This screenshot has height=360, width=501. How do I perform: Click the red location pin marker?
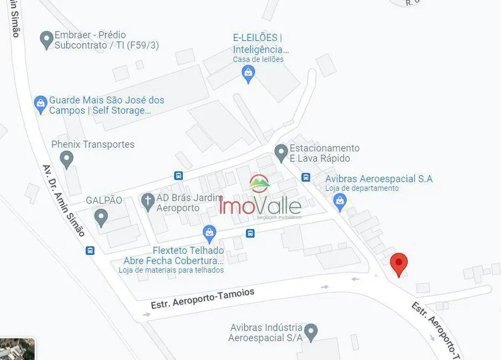point(398,263)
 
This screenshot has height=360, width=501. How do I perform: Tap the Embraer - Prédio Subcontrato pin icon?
point(47,39)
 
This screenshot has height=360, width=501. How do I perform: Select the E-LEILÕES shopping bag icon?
point(249,73)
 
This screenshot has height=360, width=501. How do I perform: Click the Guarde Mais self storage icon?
point(40,104)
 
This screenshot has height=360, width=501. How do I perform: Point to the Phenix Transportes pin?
point(67,160)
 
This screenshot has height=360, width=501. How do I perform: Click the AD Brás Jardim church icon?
point(147,201)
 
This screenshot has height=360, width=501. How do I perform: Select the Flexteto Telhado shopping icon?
point(209,233)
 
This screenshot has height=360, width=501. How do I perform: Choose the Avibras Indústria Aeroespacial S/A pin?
point(311,332)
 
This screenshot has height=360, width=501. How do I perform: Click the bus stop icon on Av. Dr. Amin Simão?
point(90,250)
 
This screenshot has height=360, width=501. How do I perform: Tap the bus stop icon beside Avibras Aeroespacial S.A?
point(305,177)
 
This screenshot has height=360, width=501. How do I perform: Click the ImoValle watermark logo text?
point(260,205)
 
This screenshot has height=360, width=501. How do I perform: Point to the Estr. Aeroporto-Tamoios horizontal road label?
point(202,299)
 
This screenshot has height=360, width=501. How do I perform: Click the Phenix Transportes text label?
point(93,145)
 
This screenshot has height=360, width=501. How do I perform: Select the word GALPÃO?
point(104,200)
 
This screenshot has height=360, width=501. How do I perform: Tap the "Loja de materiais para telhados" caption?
point(171,270)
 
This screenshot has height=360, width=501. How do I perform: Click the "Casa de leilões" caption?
point(258,59)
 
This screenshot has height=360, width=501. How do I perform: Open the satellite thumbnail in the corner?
point(17,349)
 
